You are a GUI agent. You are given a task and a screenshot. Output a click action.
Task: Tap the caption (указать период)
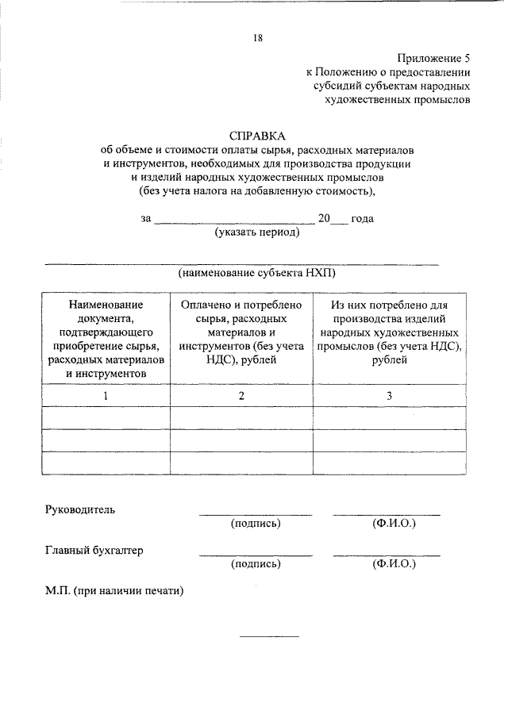(257, 232)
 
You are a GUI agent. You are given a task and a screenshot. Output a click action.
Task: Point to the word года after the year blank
(362, 218)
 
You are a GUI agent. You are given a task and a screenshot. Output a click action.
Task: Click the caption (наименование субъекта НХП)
(257, 272)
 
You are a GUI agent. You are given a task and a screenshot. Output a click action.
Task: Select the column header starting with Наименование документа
(106, 338)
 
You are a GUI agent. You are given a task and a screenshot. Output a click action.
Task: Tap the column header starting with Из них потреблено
(389, 332)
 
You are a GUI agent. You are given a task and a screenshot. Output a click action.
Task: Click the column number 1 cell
(106, 395)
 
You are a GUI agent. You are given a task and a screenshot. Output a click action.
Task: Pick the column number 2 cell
(241, 395)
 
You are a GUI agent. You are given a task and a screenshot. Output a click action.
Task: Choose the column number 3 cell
(389, 395)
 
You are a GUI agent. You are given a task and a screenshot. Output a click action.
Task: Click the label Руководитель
(80, 509)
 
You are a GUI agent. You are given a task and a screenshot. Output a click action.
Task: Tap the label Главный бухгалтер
(94, 550)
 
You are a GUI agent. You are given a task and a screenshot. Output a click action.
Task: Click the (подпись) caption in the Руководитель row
(256, 524)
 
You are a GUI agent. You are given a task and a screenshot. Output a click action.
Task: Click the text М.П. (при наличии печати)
(114, 591)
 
